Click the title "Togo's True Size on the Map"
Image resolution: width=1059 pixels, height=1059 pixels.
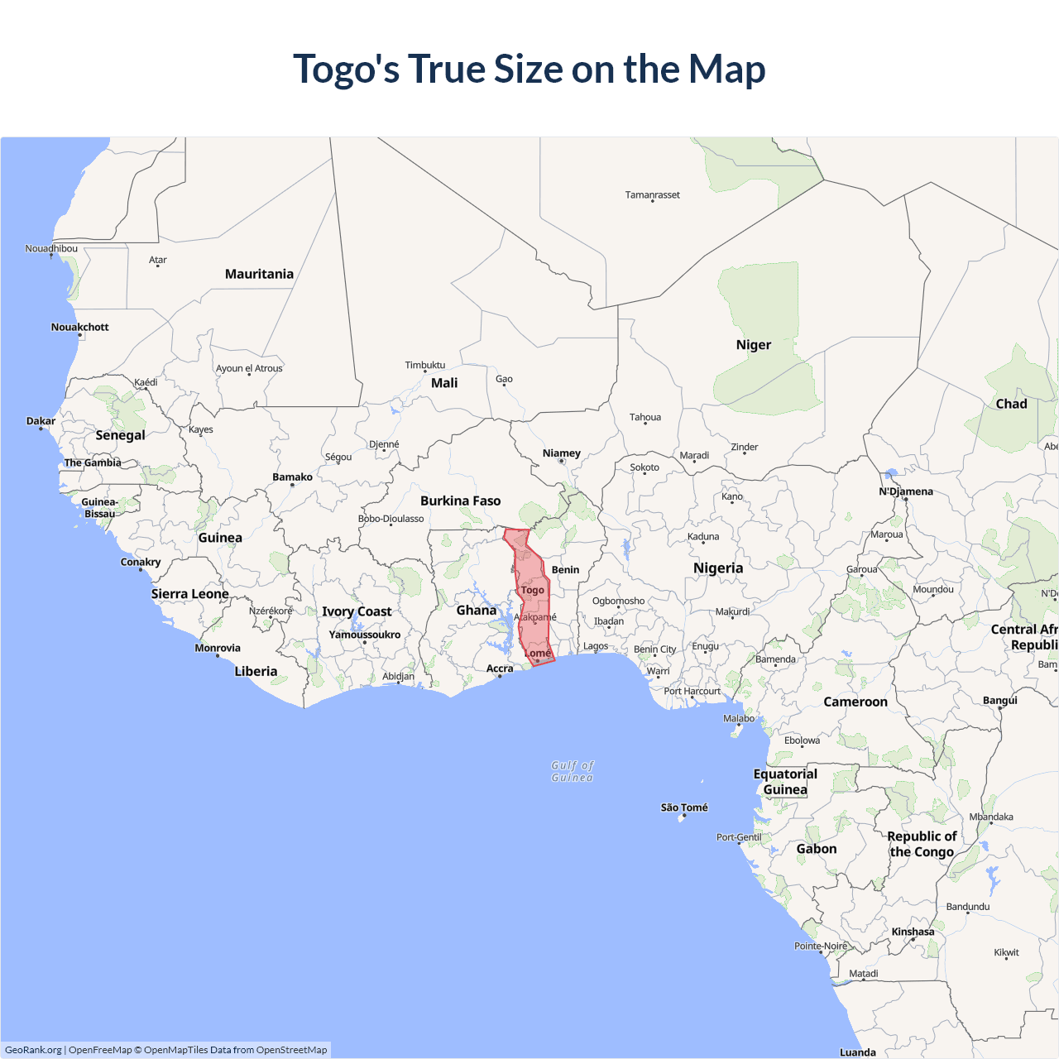click(x=529, y=69)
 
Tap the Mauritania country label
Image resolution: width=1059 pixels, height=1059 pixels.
click(x=259, y=274)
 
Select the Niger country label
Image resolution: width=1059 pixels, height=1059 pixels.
click(x=753, y=345)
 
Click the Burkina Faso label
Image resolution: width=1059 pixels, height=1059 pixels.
click(x=460, y=501)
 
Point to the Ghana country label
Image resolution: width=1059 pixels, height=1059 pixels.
click(x=477, y=611)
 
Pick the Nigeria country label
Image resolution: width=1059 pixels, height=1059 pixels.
click(x=718, y=568)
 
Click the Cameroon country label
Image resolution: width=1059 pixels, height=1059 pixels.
click(x=855, y=702)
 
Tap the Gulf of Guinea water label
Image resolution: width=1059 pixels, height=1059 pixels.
click(x=573, y=771)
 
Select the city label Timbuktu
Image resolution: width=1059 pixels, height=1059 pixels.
click(x=424, y=365)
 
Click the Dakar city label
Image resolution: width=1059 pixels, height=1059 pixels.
click(x=41, y=421)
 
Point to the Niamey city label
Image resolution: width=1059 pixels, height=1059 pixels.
click(x=561, y=453)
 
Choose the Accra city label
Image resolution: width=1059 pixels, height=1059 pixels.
click(x=500, y=668)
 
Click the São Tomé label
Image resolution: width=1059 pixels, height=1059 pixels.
click(x=684, y=807)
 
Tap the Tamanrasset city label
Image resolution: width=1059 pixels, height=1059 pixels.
click(x=652, y=195)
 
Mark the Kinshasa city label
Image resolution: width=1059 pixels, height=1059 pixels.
click(x=913, y=932)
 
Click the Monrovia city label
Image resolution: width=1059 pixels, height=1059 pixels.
click(x=218, y=648)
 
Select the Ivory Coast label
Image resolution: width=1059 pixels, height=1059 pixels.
click(x=357, y=611)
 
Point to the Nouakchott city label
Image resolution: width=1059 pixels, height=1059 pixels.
click(x=79, y=327)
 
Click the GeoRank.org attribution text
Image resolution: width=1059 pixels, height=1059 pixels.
click(x=33, y=1050)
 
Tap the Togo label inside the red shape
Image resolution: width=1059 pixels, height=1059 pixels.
click(x=532, y=590)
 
